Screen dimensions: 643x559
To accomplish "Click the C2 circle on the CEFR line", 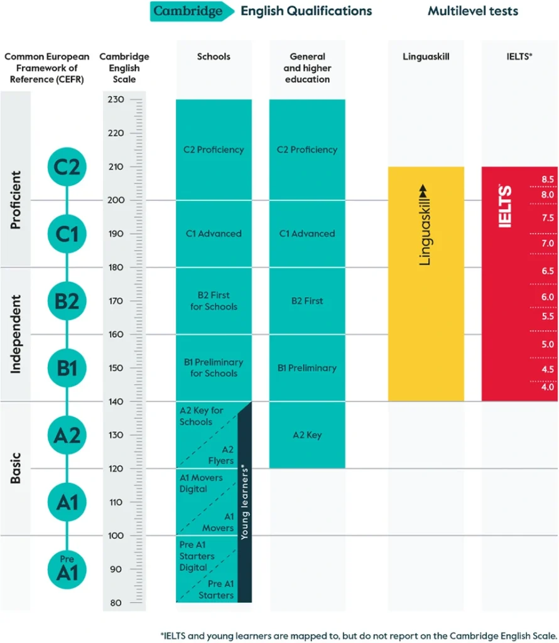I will [67, 167].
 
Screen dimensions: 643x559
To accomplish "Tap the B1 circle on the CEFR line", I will [67, 368].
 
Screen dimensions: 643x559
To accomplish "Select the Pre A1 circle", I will [67, 569].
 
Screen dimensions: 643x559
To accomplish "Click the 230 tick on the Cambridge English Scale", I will [117, 100].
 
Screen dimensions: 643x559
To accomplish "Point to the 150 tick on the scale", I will [117, 368].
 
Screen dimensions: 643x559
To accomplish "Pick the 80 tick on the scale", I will [117, 603].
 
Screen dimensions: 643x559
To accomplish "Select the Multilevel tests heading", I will [472, 11].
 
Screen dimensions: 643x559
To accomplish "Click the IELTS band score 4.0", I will [548, 387].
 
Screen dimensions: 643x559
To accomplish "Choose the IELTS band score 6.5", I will [548, 271].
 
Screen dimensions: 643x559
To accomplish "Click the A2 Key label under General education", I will [307, 435].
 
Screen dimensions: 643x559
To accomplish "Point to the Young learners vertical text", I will [245, 502].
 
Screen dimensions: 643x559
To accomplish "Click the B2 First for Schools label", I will [214, 301].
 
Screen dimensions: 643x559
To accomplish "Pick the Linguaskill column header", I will [425, 57].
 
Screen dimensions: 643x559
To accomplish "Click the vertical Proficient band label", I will [16, 200].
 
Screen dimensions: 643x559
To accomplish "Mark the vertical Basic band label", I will [16, 468].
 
